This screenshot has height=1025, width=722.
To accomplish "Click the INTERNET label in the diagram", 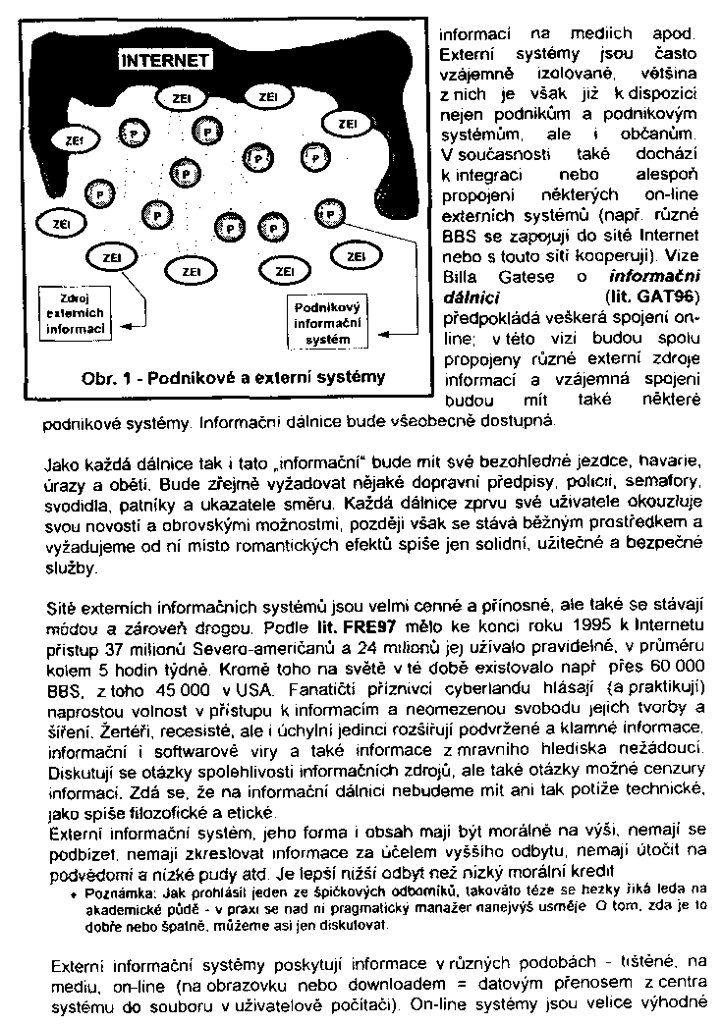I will point(164,61).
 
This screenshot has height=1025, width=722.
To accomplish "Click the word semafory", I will point(670,483).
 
